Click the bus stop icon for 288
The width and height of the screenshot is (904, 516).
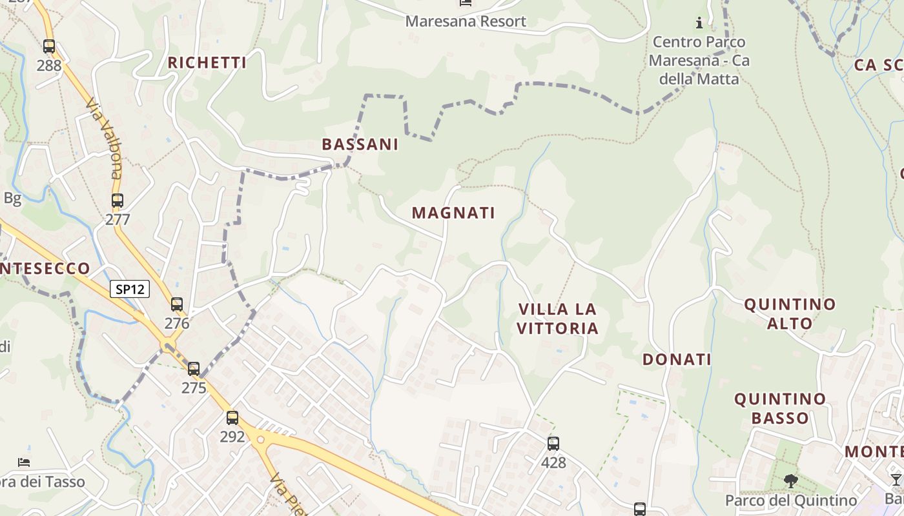(49, 46)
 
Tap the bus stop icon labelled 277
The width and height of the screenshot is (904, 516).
(117, 201)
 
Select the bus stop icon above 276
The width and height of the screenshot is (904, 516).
(176, 304)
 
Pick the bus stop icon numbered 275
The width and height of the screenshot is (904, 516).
(194, 369)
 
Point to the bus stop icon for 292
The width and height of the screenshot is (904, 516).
(232, 418)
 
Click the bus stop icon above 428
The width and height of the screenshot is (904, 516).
(553, 444)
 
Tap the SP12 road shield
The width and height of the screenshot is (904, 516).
(130, 289)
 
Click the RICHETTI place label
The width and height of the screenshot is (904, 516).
(207, 63)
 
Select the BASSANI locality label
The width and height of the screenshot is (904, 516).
(360, 144)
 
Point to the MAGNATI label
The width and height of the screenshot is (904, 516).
(453, 213)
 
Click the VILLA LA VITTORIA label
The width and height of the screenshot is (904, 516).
(558, 319)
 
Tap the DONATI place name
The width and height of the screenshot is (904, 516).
(677, 359)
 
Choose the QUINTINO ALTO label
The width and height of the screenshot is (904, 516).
(790, 313)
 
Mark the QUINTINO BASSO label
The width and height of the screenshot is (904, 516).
(780, 408)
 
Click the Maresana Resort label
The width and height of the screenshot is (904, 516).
(466, 21)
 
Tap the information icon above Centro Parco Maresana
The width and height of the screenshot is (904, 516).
(699, 24)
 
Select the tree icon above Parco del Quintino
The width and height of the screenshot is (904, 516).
(790, 481)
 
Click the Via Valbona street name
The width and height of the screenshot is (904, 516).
(104, 138)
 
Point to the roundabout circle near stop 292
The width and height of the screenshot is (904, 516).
(261, 440)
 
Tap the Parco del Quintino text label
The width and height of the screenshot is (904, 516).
(791, 501)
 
